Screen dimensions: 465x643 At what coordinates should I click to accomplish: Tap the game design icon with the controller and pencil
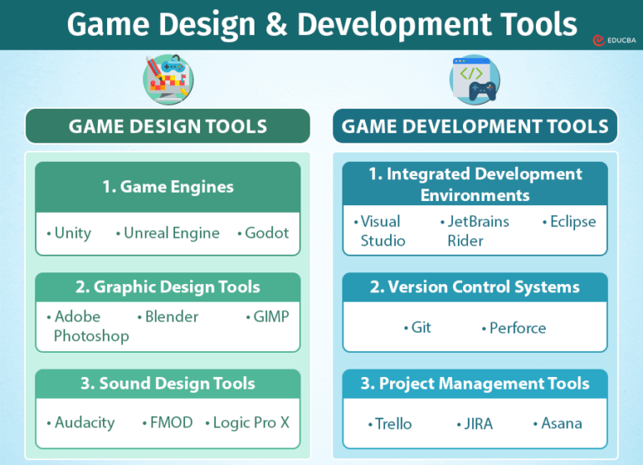[167, 80]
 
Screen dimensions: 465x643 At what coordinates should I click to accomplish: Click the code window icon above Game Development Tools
[475, 80]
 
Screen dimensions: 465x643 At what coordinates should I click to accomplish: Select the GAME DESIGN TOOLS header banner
[167, 127]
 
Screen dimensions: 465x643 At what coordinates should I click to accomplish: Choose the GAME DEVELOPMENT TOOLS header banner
[475, 127]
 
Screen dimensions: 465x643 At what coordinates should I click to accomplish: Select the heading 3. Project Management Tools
[475, 384]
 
